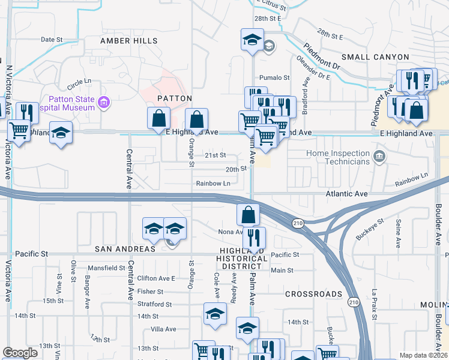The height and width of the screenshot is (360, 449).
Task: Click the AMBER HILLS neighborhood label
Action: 128,41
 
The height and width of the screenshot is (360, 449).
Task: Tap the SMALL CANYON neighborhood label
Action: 369,57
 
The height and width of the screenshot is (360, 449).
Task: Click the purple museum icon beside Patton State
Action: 104,103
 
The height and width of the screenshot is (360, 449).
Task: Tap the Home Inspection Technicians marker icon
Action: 379,157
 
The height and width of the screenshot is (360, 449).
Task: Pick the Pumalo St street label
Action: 274,78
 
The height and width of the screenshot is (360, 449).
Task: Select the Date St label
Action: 52,40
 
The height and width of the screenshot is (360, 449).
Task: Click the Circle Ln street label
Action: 79,81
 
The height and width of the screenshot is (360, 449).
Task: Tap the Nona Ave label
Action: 230,232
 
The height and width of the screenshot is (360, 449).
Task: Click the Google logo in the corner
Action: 20,353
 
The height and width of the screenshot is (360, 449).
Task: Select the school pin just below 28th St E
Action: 252,40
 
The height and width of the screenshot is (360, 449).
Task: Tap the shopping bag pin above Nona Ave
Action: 248,214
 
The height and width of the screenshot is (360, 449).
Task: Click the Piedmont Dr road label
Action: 321,53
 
